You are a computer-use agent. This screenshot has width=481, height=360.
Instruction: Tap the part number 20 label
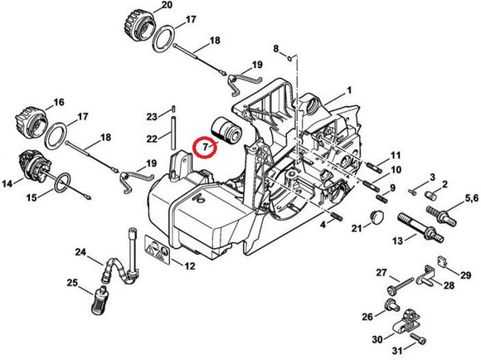pos(167,5)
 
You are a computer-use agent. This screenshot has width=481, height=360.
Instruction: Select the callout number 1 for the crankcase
pos(349,90)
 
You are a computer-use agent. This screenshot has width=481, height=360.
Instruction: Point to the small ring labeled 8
pos(290,58)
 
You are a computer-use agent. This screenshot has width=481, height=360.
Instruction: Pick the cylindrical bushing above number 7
pos(226,132)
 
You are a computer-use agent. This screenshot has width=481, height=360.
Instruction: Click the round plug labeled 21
pos(377,217)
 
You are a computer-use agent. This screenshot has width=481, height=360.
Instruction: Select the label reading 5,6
pos(472,198)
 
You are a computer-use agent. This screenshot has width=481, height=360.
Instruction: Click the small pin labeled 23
pos(173,109)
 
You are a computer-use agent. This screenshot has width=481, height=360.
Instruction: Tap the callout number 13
pos(397,241)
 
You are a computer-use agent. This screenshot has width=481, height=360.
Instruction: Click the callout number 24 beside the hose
pos(80,252)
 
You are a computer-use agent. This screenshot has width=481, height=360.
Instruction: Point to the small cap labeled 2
pos(431,195)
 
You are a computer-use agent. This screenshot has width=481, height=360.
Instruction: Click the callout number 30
pos(377,340)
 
